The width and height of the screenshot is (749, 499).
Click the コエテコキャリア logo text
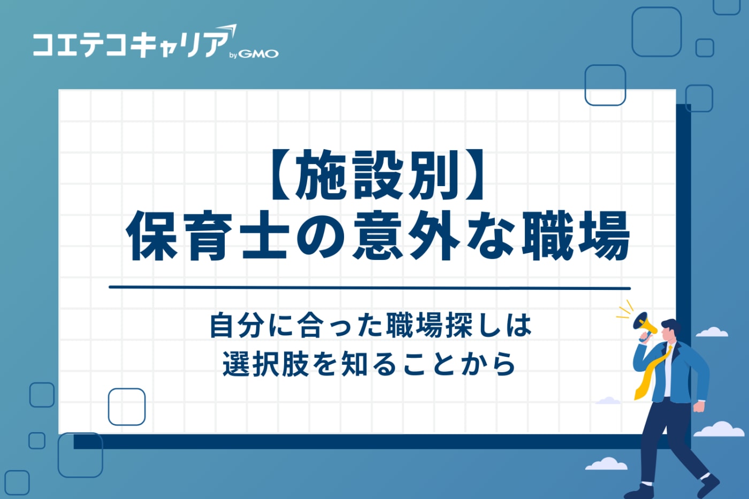[x=131, y=45]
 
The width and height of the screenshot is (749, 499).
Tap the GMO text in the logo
[x=258, y=54]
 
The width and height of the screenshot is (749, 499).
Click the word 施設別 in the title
[x=378, y=175]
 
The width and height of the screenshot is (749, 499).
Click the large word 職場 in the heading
[x=576, y=236]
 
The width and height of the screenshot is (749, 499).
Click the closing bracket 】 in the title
[x=473, y=175]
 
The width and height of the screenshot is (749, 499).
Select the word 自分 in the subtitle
[x=236, y=325]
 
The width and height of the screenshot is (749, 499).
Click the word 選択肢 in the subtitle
[x=266, y=364]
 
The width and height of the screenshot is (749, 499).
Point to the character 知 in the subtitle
[x=354, y=364]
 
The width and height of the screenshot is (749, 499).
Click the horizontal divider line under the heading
[x=369, y=288]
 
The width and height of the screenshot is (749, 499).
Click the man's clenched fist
[x=699, y=406]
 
